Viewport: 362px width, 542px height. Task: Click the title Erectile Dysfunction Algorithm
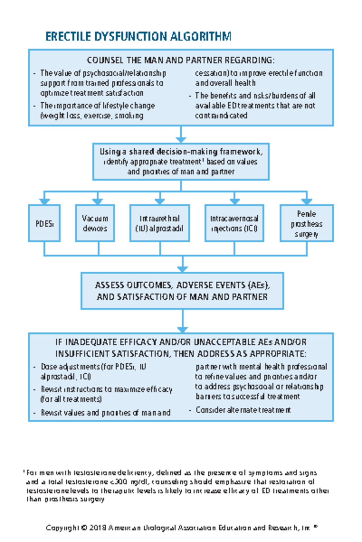138,36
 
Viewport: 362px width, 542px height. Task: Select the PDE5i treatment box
44,223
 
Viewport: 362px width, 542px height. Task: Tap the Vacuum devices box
95,223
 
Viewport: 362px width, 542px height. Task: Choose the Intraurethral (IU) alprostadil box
159,223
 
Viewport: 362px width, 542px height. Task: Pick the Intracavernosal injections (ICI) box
234,223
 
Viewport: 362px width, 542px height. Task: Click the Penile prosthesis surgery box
306,223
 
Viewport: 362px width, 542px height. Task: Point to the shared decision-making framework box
181,162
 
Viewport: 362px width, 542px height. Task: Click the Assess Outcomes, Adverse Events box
182,291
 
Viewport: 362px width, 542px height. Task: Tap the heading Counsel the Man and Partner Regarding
181,60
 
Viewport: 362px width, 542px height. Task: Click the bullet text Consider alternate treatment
243,410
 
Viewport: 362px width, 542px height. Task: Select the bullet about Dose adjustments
94,372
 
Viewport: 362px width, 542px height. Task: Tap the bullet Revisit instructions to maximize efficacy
106,394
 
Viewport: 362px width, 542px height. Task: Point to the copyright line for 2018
181,528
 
